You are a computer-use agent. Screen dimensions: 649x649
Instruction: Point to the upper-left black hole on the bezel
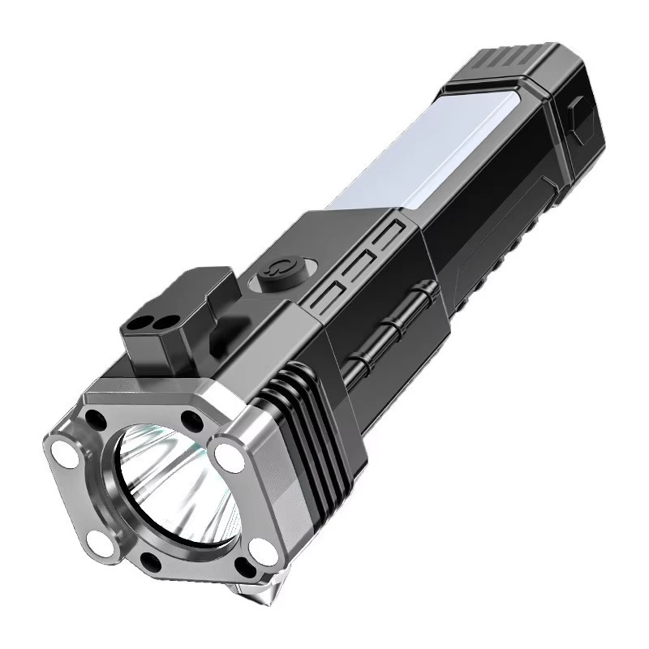tap(97, 420)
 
